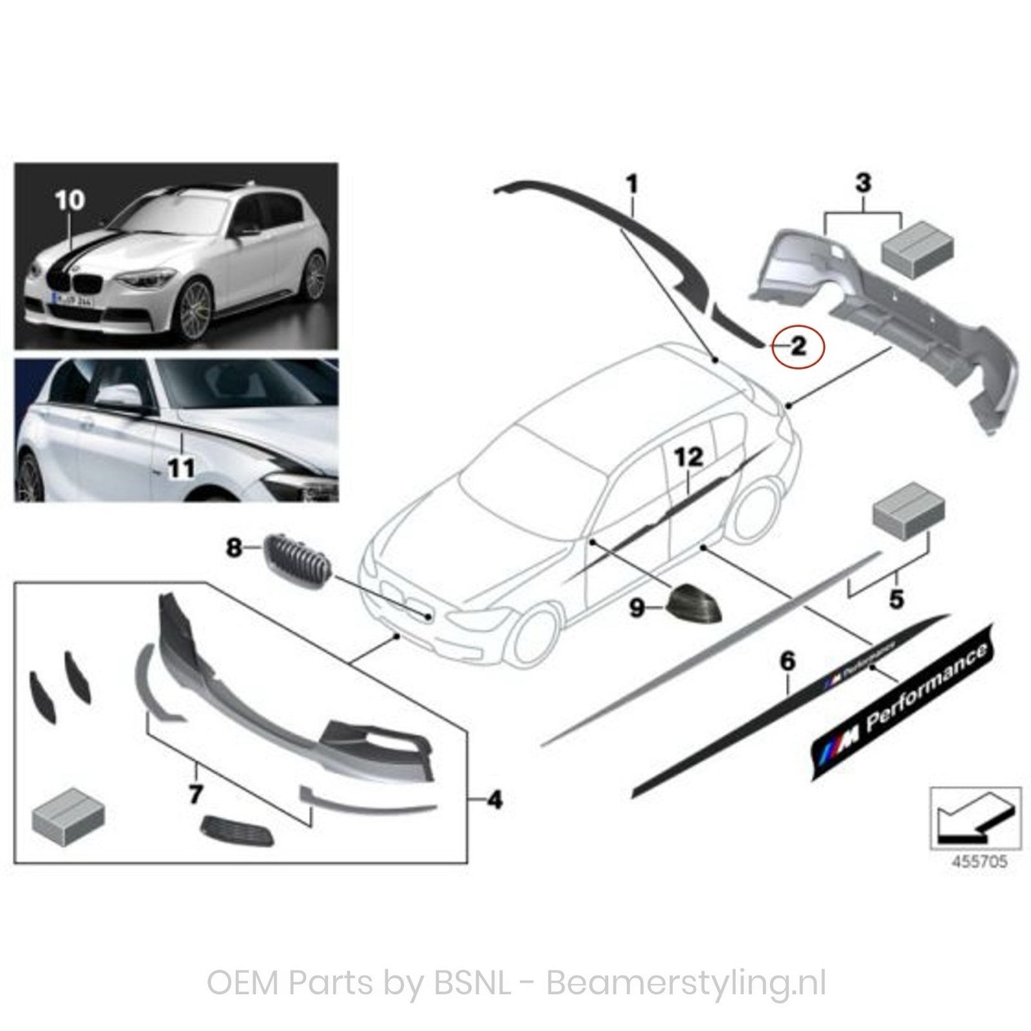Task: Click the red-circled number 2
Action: [x=798, y=347]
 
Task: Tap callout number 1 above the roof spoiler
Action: [x=632, y=184]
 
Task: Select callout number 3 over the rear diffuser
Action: [x=863, y=183]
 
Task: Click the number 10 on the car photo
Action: [x=70, y=200]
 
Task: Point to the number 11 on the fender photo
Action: [x=181, y=467]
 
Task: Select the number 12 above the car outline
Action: [x=688, y=458]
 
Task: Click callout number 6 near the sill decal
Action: [x=787, y=661]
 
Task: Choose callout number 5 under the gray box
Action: [x=896, y=599]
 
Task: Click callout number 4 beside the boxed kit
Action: [x=494, y=801]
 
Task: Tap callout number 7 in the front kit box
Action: [x=195, y=795]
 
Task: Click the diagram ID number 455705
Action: [x=976, y=862]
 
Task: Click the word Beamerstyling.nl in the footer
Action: [x=686, y=984]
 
